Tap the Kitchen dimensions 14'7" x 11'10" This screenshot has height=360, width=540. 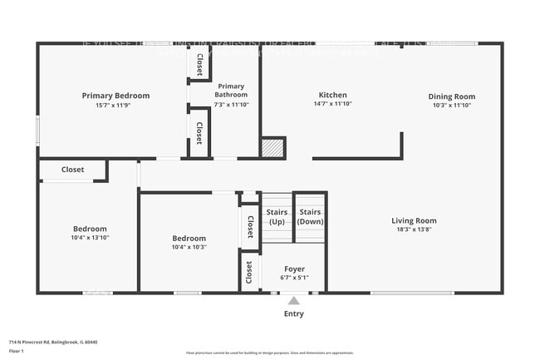[333, 105]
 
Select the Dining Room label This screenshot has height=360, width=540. [452, 96]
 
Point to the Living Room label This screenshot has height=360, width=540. [414, 220]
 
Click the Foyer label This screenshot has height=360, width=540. [294, 269]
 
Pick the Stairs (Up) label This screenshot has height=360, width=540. [277, 216]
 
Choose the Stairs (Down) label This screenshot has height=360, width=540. [310, 216]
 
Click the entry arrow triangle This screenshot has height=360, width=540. [293, 300]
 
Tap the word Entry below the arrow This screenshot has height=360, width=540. [294, 314]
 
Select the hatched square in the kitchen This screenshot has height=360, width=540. [272, 148]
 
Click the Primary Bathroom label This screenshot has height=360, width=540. [231, 90]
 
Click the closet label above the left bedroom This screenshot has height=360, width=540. [72, 170]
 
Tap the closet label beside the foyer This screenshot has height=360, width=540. [249, 271]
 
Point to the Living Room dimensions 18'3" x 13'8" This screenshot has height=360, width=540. [414, 229]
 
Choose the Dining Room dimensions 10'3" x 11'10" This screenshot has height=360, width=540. [452, 106]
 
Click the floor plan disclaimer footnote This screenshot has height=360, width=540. [269, 353]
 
